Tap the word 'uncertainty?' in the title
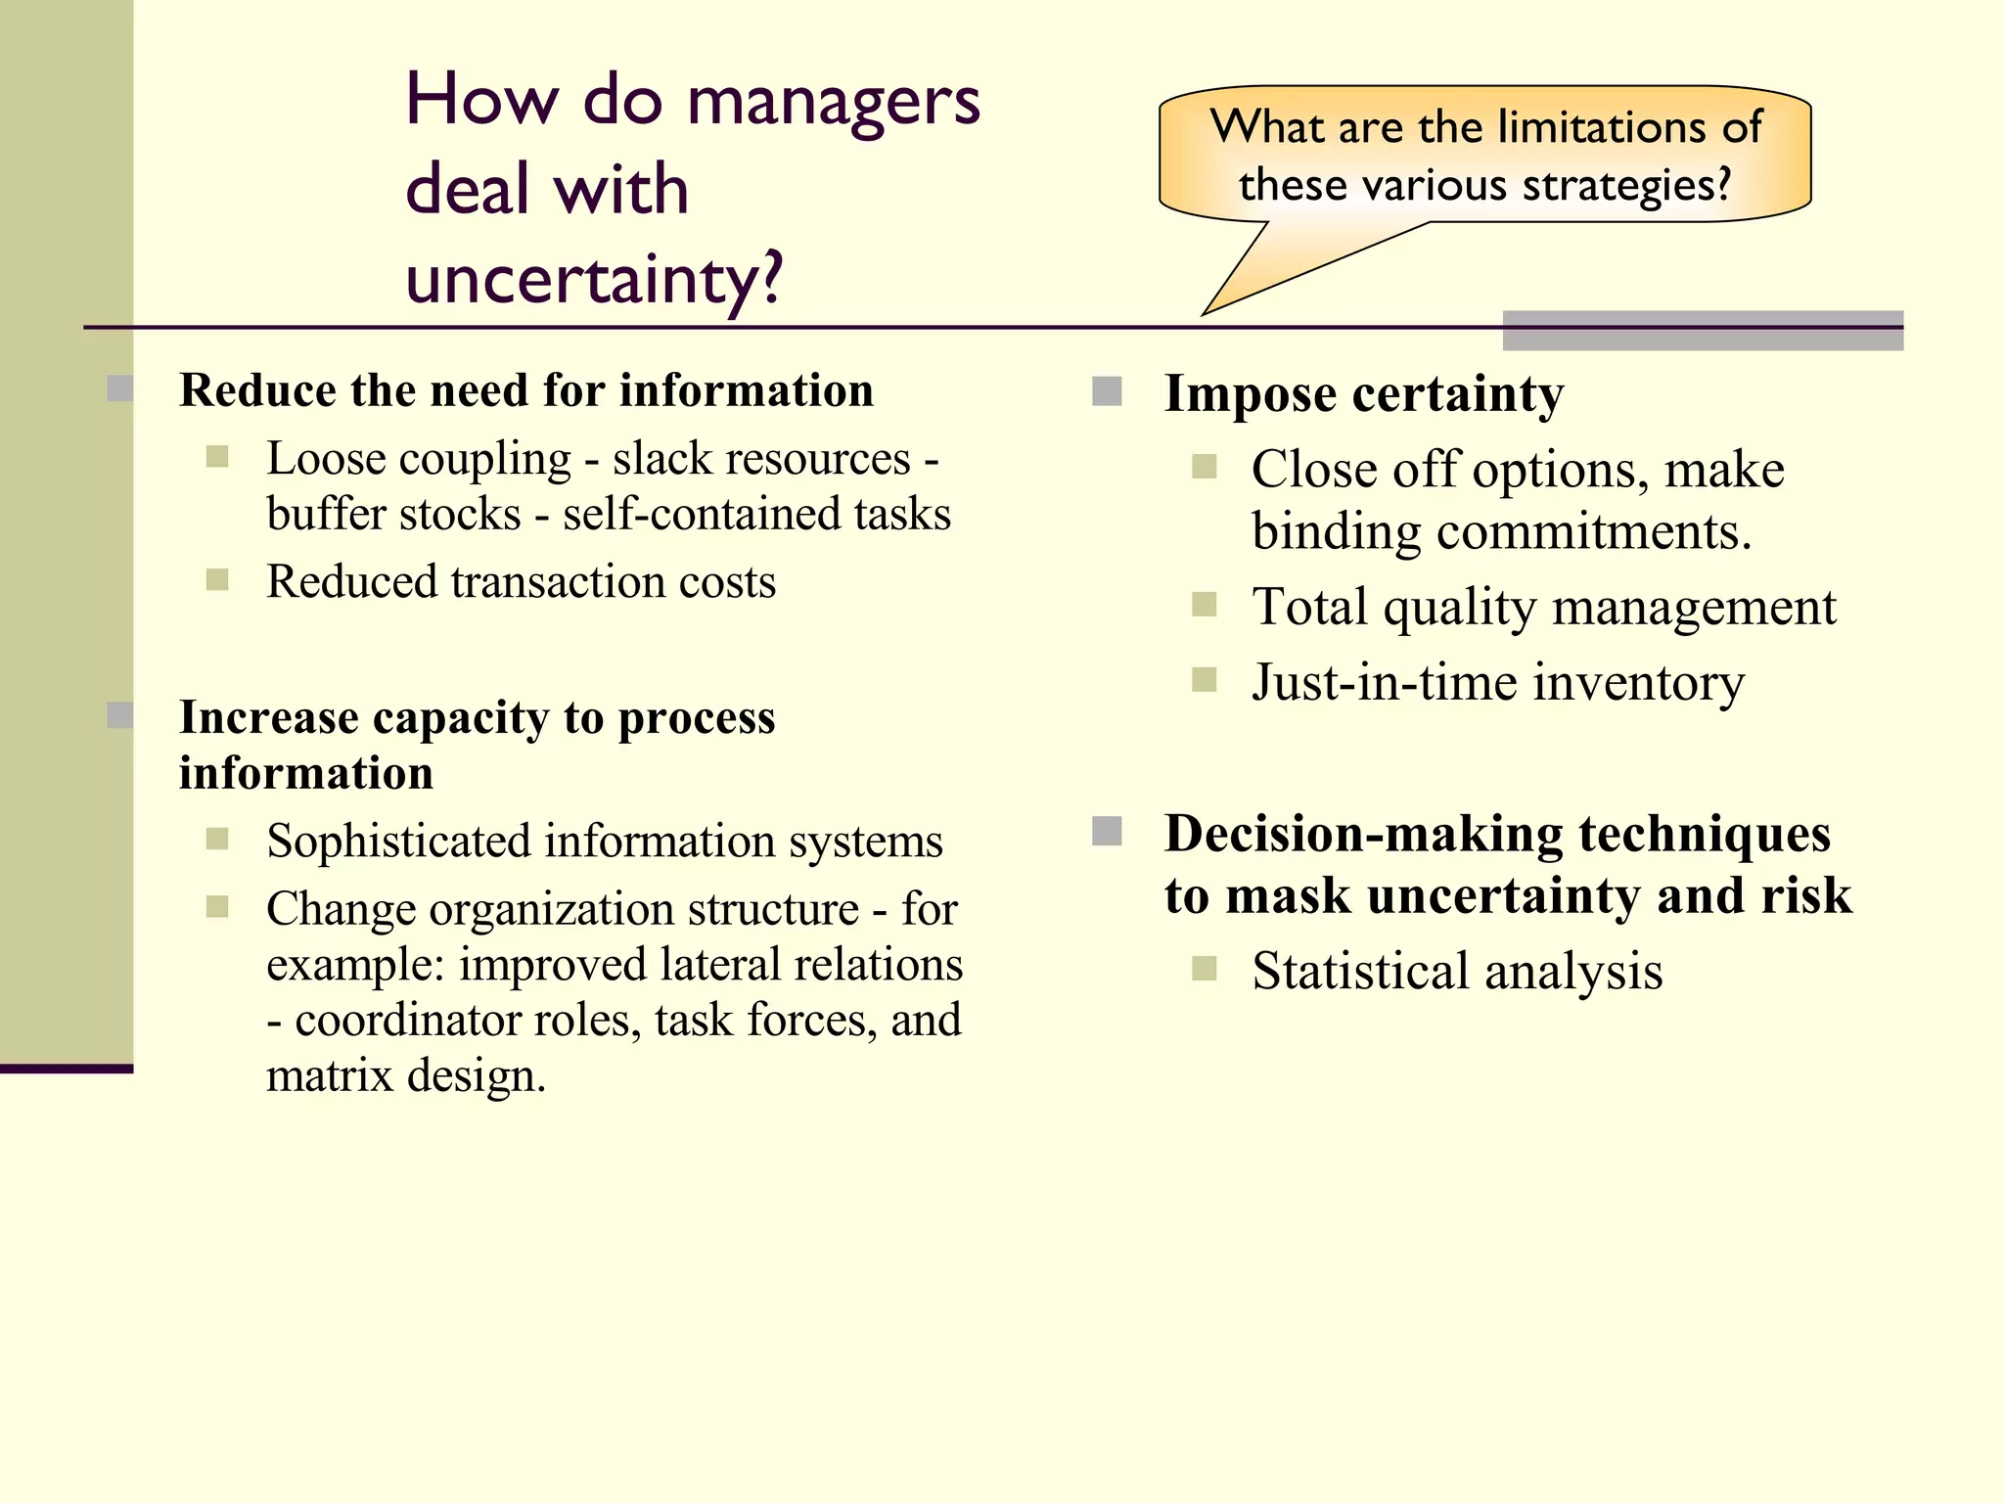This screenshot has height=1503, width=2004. point(594,280)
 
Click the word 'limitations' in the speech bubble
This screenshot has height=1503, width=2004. point(1579,127)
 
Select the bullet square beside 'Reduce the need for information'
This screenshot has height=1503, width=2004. point(120,388)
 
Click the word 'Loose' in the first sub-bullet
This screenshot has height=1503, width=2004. point(320,459)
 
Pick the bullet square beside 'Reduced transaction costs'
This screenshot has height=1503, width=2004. point(217,580)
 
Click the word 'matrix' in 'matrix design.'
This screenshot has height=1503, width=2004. point(330,1076)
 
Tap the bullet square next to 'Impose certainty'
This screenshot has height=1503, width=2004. point(1106,391)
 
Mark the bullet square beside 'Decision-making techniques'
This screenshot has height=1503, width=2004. point(1106,832)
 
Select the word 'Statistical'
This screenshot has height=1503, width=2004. point(1360,972)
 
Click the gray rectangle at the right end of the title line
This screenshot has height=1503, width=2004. point(1703,331)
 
